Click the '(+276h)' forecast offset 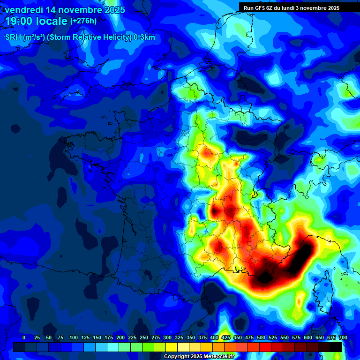click(84, 21)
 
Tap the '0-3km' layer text click(144, 37)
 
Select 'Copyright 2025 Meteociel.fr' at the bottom click(199, 357)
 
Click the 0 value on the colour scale click(24, 337)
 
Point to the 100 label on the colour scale click(74, 337)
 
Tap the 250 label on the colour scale click(144, 337)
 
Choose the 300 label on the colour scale click(167, 337)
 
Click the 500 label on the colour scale click(261, 337)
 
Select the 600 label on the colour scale click(308, 337)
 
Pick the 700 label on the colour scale click(343, 337)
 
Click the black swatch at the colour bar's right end click(335, 347)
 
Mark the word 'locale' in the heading click(51, 22)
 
